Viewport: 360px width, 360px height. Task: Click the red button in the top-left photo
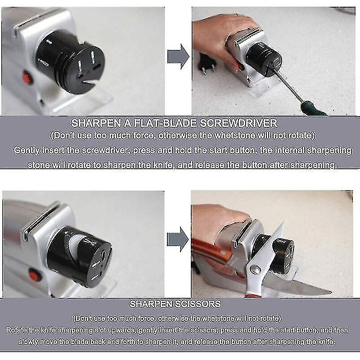(x=27, y=79)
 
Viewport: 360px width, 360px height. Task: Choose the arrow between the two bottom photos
(x=178, y=238)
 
